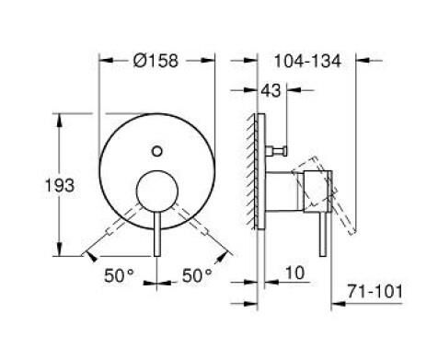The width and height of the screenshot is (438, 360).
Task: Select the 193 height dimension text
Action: pyautogui.click(x=33, y=186)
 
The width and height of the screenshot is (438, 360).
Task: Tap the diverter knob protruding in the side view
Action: pyautogui.click(x=281, y=146)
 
